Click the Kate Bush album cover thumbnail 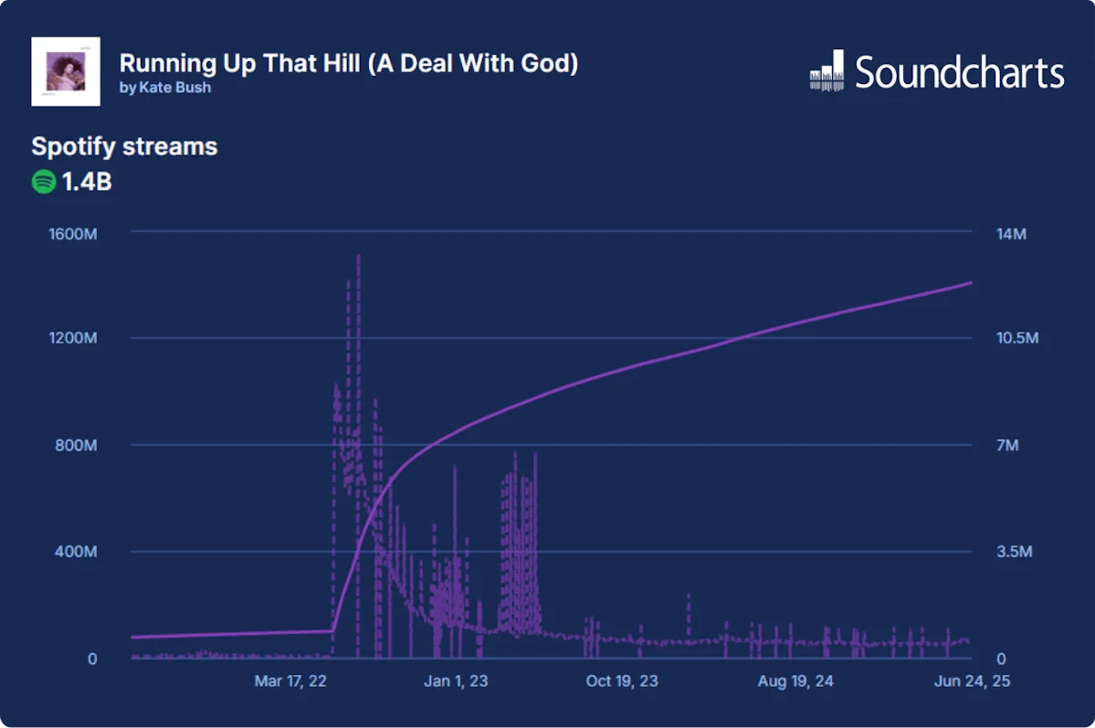[x=66, y=71]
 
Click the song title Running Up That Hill [x=348, y=63]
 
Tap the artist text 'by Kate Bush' [x=164, y=88]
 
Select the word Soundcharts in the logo [x=959, y=72]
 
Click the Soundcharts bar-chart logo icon [x=827, y=71]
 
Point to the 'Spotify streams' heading [x=124, y=146]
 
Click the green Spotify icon [x=44, y=182]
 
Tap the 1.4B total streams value [x=87, y=182]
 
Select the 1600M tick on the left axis [x=72, y=234]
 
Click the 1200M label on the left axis [x=72, y=339]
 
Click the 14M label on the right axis [x=1011, y=234]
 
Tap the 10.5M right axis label [x=1017, y=339]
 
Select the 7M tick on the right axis [x=1007, y=446]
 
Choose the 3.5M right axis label [x=1014, y=552]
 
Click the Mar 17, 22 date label [x=291, y=681]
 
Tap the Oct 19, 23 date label [x=622, y=681]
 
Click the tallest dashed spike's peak [x=358, y=256]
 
